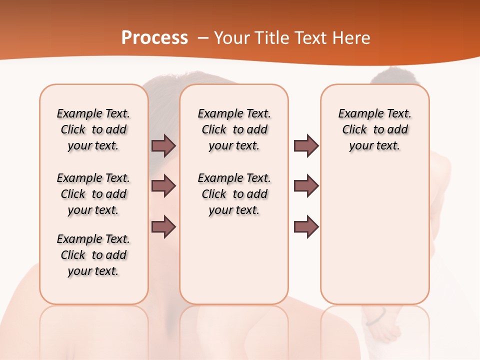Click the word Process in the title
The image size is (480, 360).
[x=154, y=38]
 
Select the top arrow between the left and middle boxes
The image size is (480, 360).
[x=163, y=146]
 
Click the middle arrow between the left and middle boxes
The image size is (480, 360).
[x=163, y=186]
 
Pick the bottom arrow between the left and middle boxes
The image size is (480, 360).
[x=163, y=227]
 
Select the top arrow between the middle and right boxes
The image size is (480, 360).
[x=306, y=146]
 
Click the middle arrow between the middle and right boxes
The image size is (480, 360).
[x=306, y=186]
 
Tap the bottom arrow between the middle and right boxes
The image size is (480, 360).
[x=306, y=227]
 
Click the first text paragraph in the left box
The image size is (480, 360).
[x=93, y=129]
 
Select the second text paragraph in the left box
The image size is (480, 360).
[x=93, y=194]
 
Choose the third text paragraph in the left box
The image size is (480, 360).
[x=93, y=255]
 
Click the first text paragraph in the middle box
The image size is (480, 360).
[x=234, y=129]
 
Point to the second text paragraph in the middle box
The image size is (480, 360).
[x=234, y=194]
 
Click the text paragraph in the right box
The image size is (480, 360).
[x=375, y=129]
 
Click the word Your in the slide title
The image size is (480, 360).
[x=231, y=38]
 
